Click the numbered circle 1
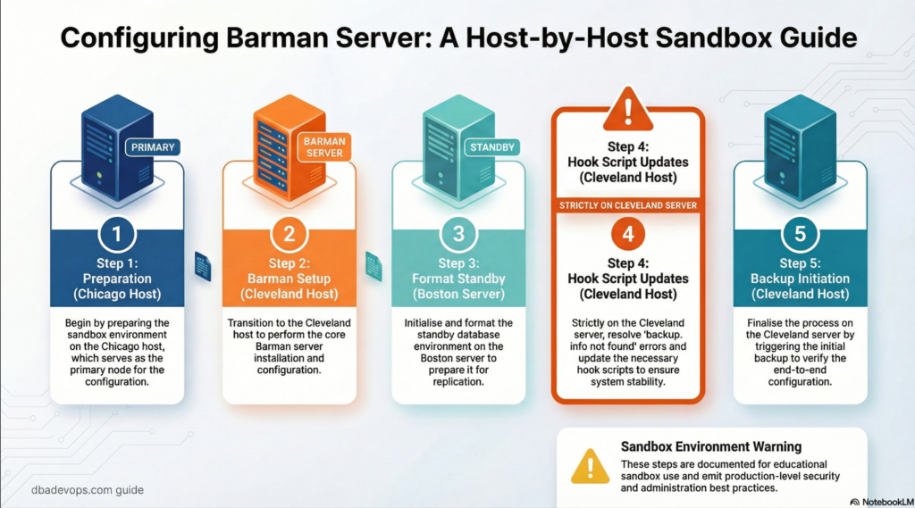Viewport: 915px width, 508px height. coord(117,235)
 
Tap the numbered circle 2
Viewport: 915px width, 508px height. coord(289,235)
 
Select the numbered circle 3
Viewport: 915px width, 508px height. coord(458,235)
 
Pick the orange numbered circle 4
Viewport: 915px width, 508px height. coord(628,235)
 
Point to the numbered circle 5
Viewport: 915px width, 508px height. coord(800,235)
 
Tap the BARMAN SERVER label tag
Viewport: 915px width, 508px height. coord(324,147)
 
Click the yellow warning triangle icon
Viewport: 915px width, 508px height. coord(590,466)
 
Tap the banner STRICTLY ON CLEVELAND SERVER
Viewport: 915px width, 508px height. coord(628,206)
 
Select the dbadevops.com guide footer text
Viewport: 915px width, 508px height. coord(80,490)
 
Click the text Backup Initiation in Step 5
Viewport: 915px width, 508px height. coord(800,279)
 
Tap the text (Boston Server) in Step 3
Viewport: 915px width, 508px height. coord(458,295)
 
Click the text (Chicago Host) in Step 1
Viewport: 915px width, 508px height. coord(117,295)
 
